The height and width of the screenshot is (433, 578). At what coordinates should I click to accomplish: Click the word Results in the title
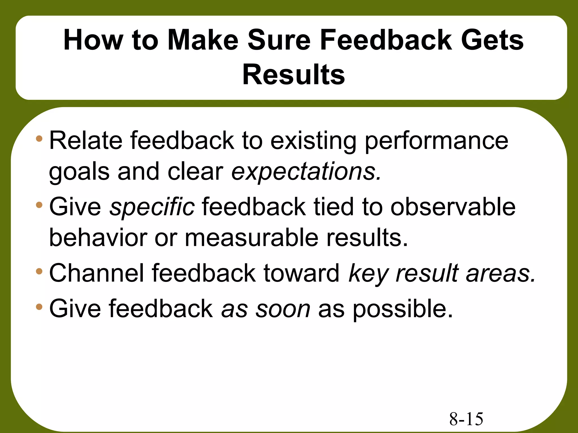pos(294,75)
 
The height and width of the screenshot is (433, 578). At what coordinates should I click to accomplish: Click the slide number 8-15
pos(466,419)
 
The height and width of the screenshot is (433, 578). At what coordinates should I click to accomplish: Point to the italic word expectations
pos(306,172)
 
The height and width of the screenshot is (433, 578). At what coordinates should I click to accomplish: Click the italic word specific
pos(152,207)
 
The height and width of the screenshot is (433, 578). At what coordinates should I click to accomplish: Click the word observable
pos(453,207)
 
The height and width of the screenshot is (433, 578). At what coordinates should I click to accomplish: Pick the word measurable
pos(251,238)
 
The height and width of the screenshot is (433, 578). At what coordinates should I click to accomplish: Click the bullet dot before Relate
pos(39,139)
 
